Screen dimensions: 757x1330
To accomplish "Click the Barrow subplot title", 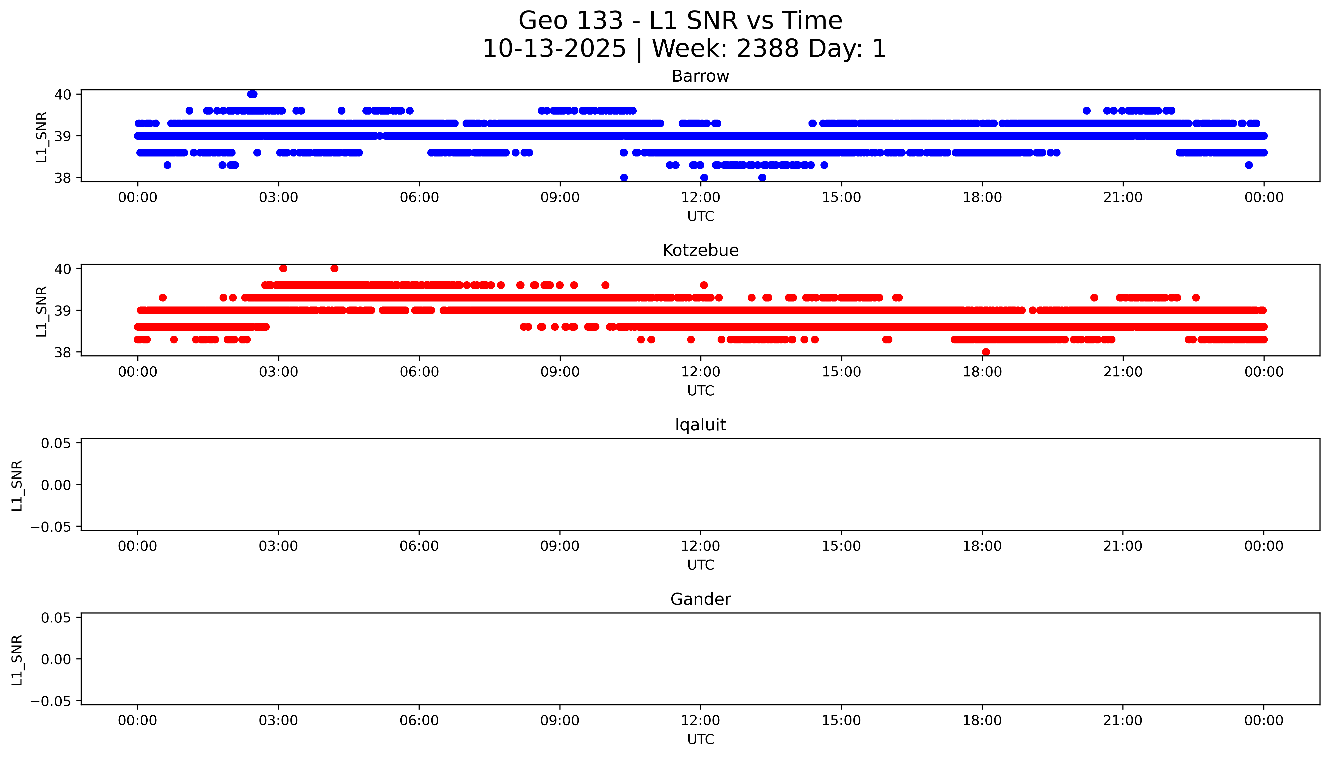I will (x=700, y=76).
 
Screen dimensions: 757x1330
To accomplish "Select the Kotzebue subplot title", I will (x=700, y=251).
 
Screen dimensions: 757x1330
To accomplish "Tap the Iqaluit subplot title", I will (x=700, y=425).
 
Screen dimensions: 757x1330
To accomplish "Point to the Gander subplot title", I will (x=700, y=600).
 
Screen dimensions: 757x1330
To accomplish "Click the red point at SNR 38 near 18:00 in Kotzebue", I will (x=986, y=352).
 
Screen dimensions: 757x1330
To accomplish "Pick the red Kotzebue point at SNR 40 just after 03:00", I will (x=283, y=268).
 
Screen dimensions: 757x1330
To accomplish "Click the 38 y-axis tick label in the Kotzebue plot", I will (x=63, y=352).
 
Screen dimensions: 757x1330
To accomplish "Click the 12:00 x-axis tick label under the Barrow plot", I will (x=701, y=198).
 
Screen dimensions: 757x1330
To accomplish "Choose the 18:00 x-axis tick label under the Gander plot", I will (x=982, y=721).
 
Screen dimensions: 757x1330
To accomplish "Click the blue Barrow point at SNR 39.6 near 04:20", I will (x=341, y=111).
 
